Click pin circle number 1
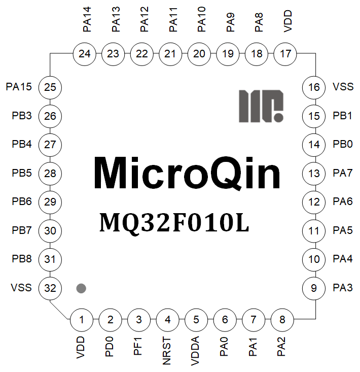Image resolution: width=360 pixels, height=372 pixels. [82, 320]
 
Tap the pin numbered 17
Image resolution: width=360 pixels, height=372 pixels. [285, 54]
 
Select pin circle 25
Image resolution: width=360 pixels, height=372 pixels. [50, 87]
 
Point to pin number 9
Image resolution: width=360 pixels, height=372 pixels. [314, 288]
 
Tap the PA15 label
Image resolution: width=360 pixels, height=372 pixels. [19, 87]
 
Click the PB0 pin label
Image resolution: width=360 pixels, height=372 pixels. [343, 144]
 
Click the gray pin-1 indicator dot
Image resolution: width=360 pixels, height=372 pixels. [81, 288]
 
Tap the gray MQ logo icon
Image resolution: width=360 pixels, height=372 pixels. [261, 106]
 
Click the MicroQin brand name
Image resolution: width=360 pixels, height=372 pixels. [187, 174]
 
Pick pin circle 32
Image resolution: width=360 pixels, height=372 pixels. [50, 288]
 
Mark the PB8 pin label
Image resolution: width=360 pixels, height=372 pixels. [22, 259]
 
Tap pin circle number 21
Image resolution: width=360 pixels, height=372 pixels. [171, 54]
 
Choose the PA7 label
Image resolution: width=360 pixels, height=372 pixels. [343, 173]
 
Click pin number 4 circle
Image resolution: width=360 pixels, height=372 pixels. [167, 320]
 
